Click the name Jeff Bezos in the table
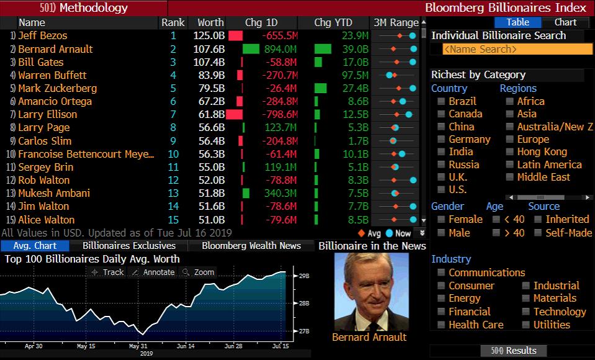42,35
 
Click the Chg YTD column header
333,22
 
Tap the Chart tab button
565,22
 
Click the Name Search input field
517,49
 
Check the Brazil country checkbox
441,101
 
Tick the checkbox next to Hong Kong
509,152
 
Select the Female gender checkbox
441,220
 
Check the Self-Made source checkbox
537,233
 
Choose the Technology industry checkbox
526,312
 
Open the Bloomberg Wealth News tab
251,246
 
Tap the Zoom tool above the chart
199,272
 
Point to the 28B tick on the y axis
304,303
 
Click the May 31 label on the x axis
138,346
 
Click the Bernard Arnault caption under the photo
369,337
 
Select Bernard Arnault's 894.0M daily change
280,49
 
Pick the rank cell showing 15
173,220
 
